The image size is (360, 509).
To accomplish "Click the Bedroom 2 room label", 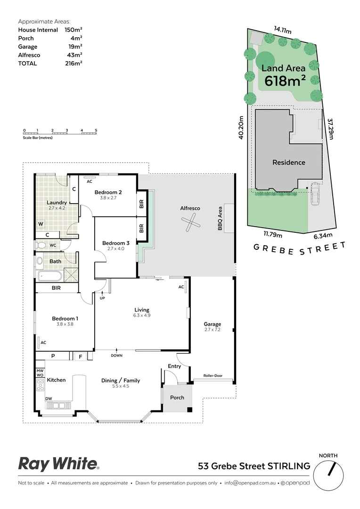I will coord(108,192).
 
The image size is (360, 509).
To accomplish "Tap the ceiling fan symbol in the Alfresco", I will coord(190,222).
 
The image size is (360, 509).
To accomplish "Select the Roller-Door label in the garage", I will coord(213,376).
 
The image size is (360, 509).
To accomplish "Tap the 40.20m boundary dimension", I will coord(241,128).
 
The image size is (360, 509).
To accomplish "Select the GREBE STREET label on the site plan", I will coord(300,248).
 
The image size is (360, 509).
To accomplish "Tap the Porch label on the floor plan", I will coord(177,397).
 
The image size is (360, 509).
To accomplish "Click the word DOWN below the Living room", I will coord(117,355).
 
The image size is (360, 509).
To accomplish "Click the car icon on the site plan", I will coord(315,194).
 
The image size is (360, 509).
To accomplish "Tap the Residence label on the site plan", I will coord(289,163).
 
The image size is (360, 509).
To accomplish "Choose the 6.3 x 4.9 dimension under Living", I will coord(141,315).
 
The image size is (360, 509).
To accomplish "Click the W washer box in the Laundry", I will coord(41,223).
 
